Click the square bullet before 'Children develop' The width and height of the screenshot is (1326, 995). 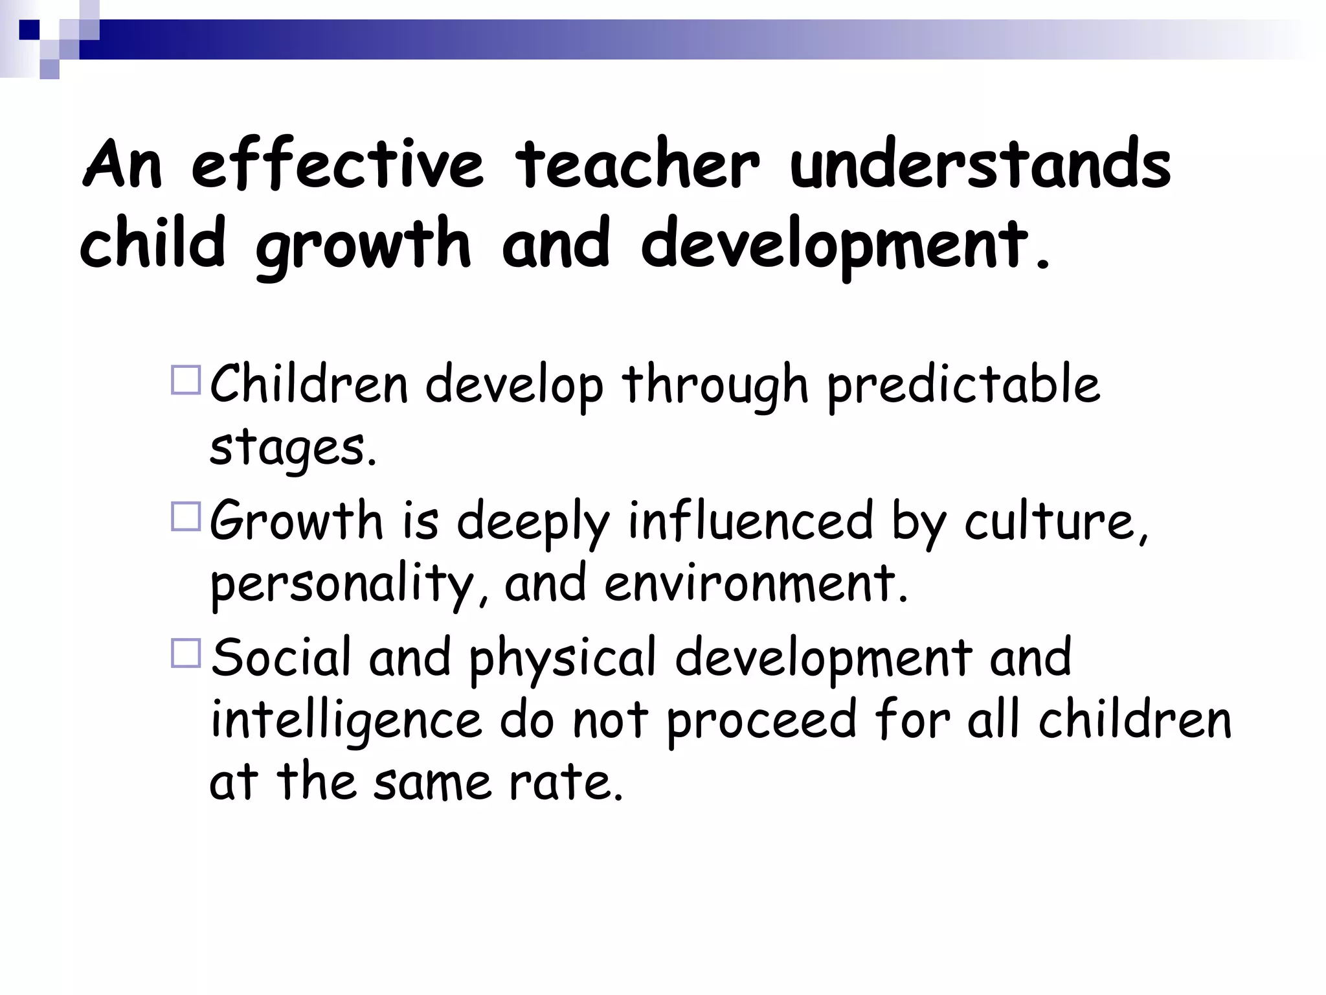[186, 380]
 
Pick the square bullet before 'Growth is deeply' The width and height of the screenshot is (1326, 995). [186, 517]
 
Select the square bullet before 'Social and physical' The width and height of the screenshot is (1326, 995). [186, 653]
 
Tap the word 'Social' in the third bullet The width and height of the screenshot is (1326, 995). [281, 657]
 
